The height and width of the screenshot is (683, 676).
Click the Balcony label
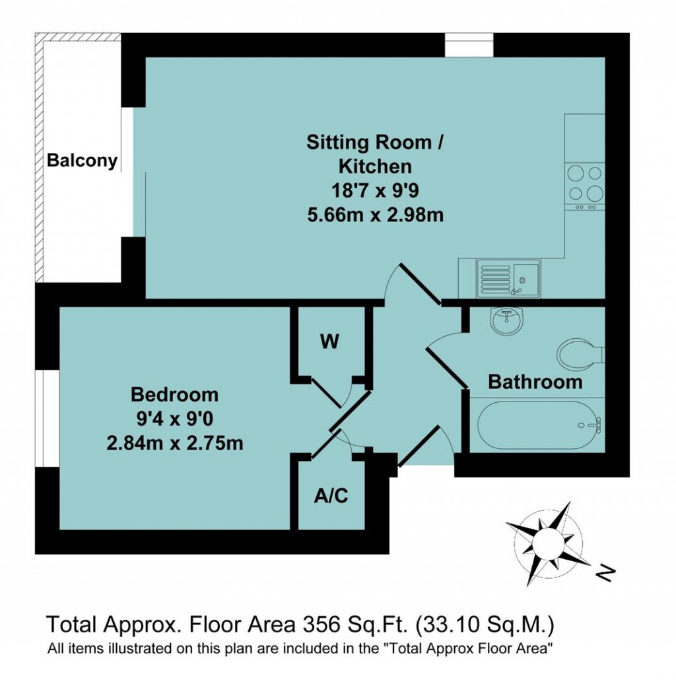(x=82, y=160)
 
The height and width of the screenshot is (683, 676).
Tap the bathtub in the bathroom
(x=539, y=426)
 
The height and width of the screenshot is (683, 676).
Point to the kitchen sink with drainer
(x=508, y=278)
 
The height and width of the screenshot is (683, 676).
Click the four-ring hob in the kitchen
(x=585, y=184)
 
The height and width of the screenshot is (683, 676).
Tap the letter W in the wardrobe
(x=329, y=341)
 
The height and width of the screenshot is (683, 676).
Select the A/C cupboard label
(x=329, y=495)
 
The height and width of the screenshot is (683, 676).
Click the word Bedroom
(x=174, y=394)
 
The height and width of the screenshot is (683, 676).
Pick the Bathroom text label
(x=535, y=382)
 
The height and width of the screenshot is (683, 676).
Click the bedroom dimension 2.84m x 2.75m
(x=174, y=443)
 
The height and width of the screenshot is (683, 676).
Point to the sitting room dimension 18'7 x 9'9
(x=375, y=190)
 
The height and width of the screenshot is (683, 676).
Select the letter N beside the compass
(x=604, y=573)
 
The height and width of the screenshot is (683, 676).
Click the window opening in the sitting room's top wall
(x=468, y=44)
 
